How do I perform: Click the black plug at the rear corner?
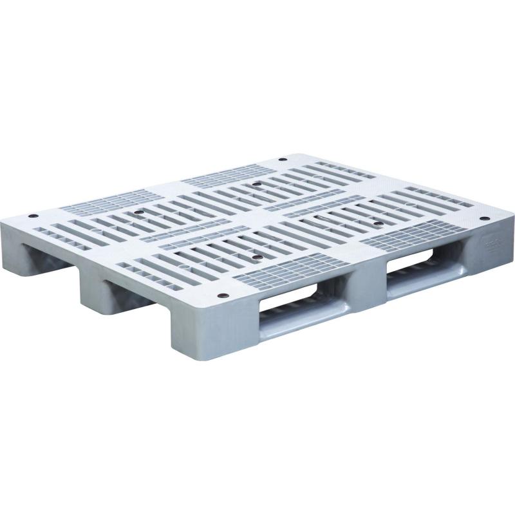284,160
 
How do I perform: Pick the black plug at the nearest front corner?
223,297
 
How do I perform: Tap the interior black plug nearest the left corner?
136,209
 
